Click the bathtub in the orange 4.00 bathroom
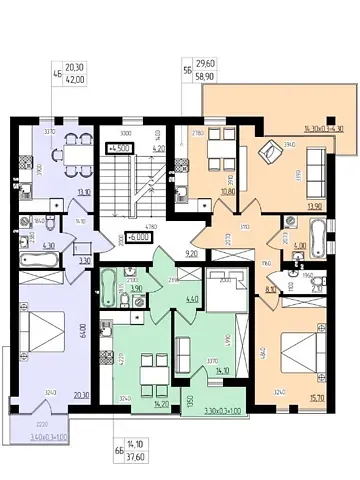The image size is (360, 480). tap(319, 237)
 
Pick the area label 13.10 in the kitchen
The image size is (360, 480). tap(86, 196)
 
